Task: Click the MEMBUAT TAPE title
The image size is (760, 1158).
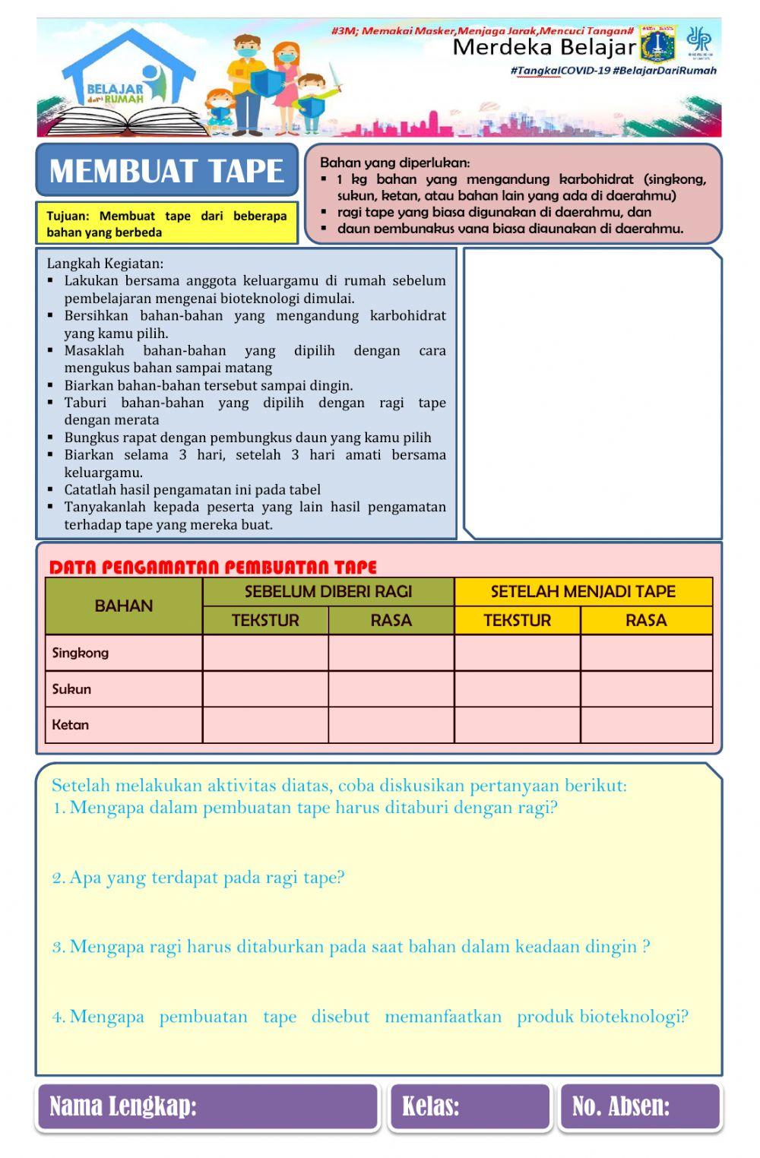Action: click(166, 171)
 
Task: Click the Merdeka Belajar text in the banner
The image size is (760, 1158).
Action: click(543, 48)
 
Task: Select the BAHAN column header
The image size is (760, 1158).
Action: click(124, 606)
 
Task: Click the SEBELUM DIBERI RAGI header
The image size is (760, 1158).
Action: click(328, 591)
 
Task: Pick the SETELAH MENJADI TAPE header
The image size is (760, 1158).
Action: click(583, 591)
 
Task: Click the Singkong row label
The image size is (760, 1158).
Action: click(81, 653)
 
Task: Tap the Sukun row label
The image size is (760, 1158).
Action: click(71, 689)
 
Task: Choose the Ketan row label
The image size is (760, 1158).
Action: click(71, 725)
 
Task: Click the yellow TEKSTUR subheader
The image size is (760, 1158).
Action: click(517, 620)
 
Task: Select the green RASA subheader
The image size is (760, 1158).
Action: click(391, 620)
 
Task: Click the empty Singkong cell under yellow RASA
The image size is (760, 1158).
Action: click(646, 653)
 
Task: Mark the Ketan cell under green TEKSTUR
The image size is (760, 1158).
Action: click(265, 725)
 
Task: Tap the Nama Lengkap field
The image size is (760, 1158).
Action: click(207, 1106)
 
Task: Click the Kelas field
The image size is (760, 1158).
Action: click(470, 1106)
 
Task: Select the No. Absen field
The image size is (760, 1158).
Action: click(640, 1106)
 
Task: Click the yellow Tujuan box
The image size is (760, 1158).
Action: click(166, 223)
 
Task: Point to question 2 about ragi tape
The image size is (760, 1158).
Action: click(198, 878)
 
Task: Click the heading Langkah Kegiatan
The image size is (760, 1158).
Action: click(105, 264)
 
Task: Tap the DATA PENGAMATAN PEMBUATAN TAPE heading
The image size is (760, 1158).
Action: click(213, 567)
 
